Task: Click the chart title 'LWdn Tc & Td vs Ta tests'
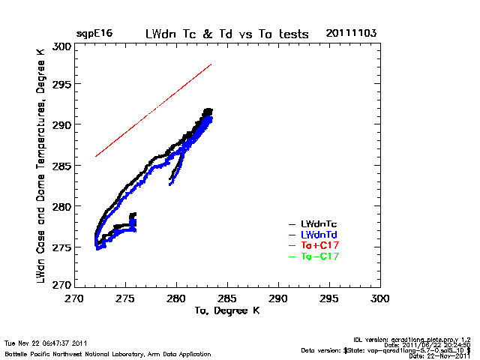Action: click(226, 34)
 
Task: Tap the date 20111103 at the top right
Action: click(351, 34)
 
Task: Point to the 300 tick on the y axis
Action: click(62, 46)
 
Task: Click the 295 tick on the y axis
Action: click(62, 85)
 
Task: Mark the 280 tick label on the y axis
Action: click(62, 205)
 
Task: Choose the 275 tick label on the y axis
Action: click(62, 245)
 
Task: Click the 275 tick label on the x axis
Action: click(125, 298)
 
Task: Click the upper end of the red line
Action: click(211, 64)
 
